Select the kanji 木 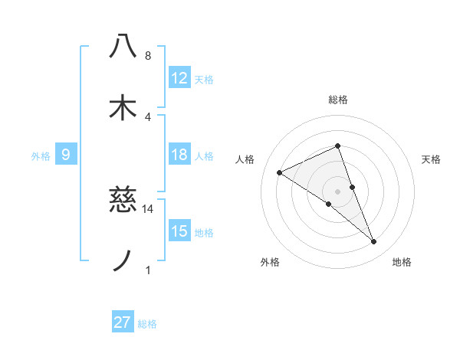pyautogui.click(x=123, y=107)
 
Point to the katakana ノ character pyautogui.click(x=123, y=261)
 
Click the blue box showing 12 pyautogui.click(x=179, y=78)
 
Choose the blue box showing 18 pyautogui.click(x=179, y=155)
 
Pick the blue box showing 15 pyautogui.click(x=179, y=231)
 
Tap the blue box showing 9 pyautogui.click(x=66, y=155)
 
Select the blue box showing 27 pyautogui.click(x=123, y=322)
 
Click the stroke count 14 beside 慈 pyautogui.click(x=148, y=208)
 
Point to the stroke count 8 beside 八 pyautogui.click(x=148, y=55)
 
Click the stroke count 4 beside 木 pyautogui.click(x=148, y=116)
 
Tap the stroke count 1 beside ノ pyautogui.click(x=148, y=270)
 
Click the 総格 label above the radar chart pyautogui.click(x=338, y=100)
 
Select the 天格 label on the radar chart pyautogui.click(x=432, y=159)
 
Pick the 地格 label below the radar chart pyautogui.click(x=402, y=262)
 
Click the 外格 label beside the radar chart pyautogui.click(x=270, y=262)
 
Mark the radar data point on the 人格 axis pyautogui.click(x=280, y=172)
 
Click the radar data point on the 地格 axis pyautogui.click(x=373, y=242)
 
